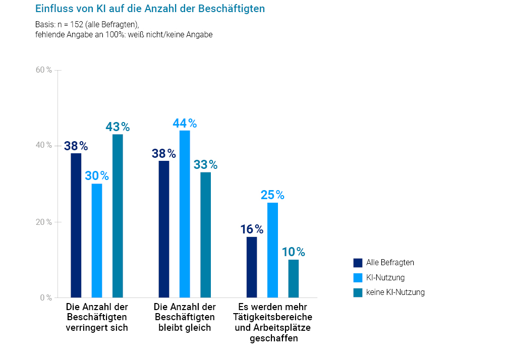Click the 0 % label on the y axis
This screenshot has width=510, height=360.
click(x=46, y=297)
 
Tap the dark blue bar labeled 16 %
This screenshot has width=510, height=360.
click(x=252, y=267)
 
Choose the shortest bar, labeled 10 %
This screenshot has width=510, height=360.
click(x=293, y=278)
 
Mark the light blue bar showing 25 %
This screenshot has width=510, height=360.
click(x=272, y=250)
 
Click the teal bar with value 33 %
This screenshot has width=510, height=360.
click(x=205, y=234)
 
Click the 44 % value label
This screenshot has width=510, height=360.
click(x=185, y=124)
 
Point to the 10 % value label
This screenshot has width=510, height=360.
click(x=293, y=252)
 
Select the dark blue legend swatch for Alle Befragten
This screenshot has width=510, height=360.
click(x=358, y=263)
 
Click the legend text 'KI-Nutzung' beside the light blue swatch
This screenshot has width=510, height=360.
click(x=385, y=277)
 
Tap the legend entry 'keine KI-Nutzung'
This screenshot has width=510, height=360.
click(x=395, y=292)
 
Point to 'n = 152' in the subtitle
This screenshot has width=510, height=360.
click(x=66, y=25)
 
